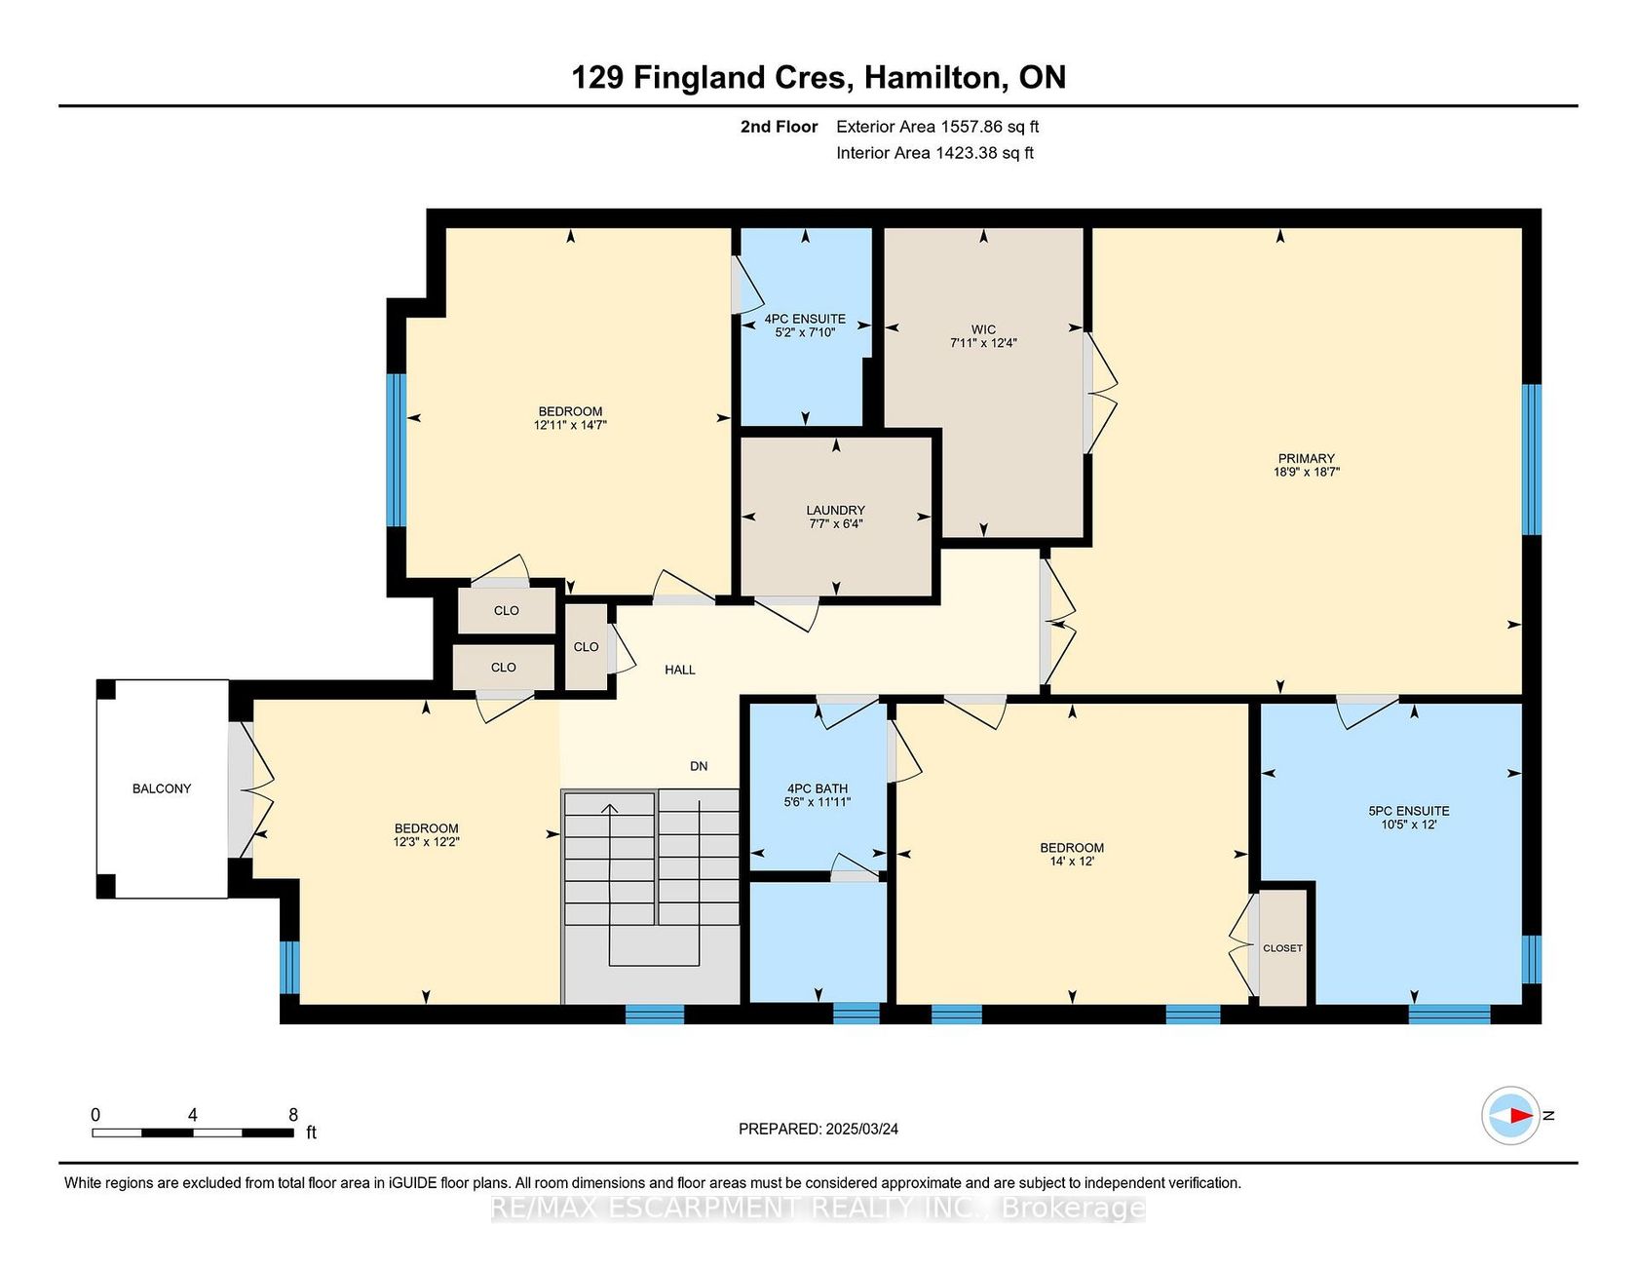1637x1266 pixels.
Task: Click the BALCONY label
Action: [162, 788]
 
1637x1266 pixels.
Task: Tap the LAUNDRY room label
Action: [835, 510]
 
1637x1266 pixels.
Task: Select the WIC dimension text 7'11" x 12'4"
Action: [983, 343]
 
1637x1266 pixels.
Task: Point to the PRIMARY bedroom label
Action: [1307, 458]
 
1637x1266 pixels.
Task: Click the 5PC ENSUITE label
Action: [1409, 811]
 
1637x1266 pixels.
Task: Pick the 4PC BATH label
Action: [818, 788]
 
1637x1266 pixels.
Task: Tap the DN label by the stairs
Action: [699, 766]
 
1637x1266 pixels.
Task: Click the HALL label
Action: [680, 670]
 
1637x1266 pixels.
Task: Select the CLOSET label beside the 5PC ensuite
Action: [1282, 948]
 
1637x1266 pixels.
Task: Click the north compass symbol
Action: [1511, 1115]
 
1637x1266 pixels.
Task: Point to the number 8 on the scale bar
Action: [293, 1115]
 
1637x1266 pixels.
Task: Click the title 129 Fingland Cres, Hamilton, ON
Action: [818, 77]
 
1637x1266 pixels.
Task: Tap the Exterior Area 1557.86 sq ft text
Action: [937, 127]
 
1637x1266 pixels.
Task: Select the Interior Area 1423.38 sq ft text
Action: [934, 153]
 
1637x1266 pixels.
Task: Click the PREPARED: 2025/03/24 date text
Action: [818, 1129]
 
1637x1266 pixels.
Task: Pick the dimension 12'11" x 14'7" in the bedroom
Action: [570, 425]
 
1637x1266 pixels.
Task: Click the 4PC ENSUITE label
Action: [805, 319]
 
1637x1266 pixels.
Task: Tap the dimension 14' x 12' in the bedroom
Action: [1072, 862]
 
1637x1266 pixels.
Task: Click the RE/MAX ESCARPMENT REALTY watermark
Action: [818, 1208]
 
